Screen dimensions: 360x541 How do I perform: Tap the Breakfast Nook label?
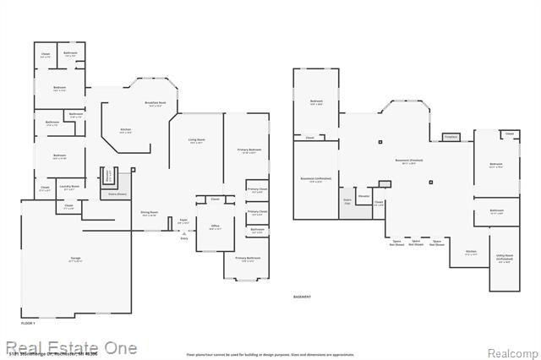(x=156, y=104)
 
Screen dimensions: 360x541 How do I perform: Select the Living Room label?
(x=195, y=141)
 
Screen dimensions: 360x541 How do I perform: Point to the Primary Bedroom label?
(x=249, y=150)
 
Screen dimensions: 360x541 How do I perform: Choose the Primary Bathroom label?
(x=247, y=258)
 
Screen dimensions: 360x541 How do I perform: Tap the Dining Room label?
(x=149, y=213)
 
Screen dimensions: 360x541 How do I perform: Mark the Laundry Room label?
(x=71, y=188)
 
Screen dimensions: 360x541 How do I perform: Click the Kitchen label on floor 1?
(x=124, y=130)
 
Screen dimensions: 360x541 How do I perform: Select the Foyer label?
(x=182, y=221)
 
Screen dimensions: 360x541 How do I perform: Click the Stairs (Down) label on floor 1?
(x=118, y=194)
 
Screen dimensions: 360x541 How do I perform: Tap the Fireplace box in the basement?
(x=451, y=137)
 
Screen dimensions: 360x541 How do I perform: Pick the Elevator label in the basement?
(x=364, y=195)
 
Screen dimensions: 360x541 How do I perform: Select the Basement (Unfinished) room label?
(x=316, y=178)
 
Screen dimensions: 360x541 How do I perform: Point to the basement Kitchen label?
(x=471, y=252)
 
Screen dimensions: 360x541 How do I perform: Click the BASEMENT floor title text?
(x=302, y=297)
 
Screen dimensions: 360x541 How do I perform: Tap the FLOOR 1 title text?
(x=28, y=324)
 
